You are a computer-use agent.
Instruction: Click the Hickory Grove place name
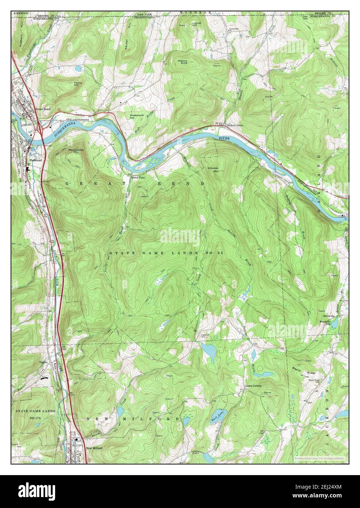click(235, 125)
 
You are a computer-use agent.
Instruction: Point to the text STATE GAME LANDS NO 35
click(166, 253)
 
